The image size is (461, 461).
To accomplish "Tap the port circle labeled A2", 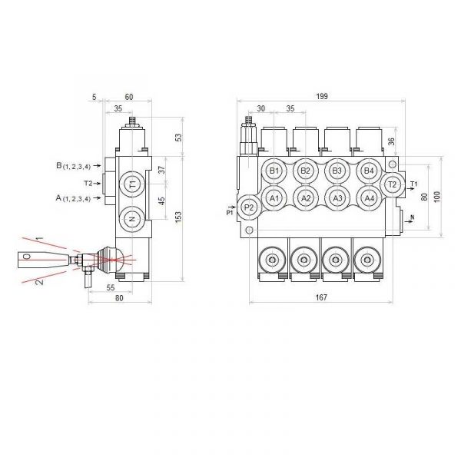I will tap(305, 197).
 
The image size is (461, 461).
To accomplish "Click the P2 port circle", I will tap(249, 207).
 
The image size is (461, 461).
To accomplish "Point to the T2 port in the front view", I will tap(391, 184).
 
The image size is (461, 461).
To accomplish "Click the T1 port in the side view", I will tap(132, 184).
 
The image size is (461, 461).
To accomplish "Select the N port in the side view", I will tap(132, 219).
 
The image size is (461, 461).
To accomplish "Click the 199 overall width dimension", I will tap(322, 96).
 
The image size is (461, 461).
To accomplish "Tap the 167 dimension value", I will tap(320, 299).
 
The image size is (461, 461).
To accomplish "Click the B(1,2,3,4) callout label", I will tap(74, 166).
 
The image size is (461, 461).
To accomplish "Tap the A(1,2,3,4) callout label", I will tap(74, 198).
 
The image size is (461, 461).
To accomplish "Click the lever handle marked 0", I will tap(28, 256).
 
